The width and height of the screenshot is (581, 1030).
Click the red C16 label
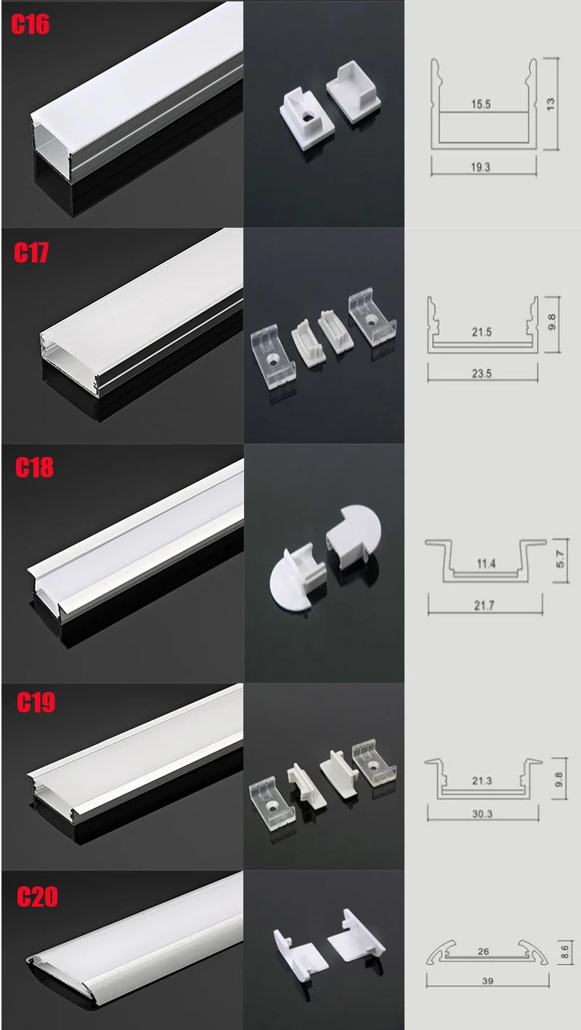[x=30, y=25]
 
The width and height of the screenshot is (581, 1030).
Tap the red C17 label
[x=31, y=252]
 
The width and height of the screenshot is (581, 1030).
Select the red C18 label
[x=35, y=467]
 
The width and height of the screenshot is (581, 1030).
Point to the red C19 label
[x=36, y=702]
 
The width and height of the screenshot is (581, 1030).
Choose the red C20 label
[x=37, y=897]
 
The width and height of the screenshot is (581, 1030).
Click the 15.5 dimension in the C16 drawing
[x=481, y=104]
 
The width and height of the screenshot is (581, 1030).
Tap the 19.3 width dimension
[x=480, y=167]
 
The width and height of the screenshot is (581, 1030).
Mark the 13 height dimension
[x=550, y=104]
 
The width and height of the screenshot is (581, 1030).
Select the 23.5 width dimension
[x=482, y=374]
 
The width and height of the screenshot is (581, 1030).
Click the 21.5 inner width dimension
[x=482, y=332]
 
